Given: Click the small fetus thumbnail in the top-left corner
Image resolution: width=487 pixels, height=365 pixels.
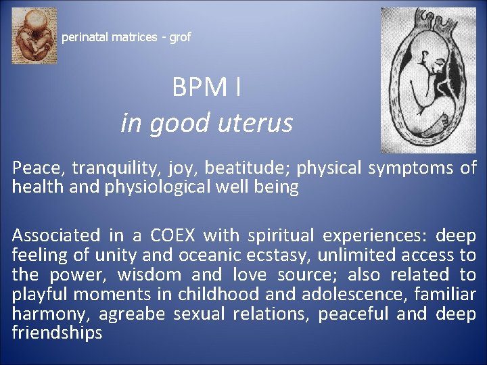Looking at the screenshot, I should (34, 36).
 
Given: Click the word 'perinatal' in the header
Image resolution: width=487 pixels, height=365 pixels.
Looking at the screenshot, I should (87, 37).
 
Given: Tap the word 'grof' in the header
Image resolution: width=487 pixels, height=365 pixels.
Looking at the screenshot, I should (180, 37).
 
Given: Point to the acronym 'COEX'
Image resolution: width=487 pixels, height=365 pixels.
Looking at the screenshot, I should (172, 236).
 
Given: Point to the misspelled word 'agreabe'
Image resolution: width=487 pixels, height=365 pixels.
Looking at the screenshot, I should (133, 314).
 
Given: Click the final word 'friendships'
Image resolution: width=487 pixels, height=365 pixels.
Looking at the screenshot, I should (57, 333).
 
